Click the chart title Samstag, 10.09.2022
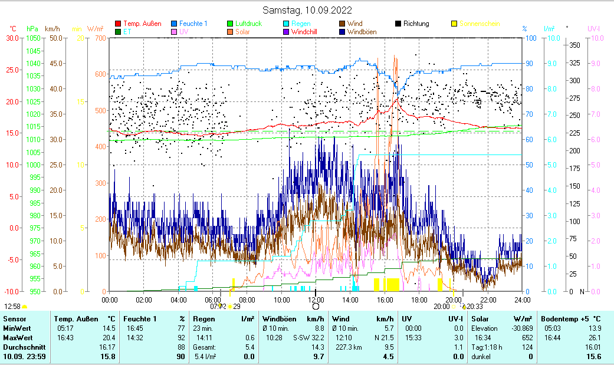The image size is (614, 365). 307,10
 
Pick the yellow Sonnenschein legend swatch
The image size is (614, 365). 454,24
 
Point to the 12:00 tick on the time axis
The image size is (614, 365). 316,300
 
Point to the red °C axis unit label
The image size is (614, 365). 13,28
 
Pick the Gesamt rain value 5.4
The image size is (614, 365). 248,347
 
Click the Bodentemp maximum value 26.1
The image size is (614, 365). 594,338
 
